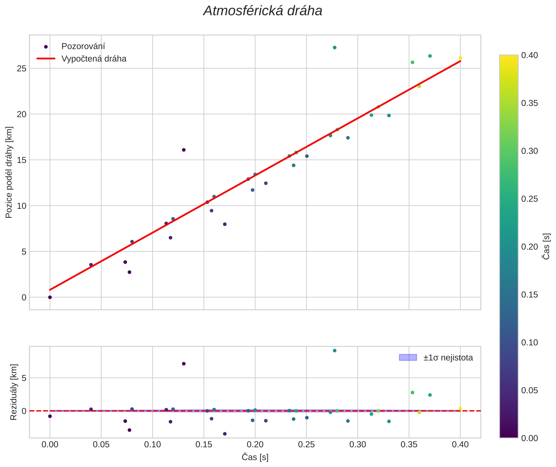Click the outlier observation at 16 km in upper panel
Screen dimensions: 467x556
pos(184,150)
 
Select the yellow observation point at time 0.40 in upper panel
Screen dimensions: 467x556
pos(460,58)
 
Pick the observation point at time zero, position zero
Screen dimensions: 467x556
pos(50,297)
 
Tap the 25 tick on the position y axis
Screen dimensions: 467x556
pos(22,69)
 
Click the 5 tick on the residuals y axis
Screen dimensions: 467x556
pos(24,378)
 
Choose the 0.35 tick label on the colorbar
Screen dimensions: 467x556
pos(529,103)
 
